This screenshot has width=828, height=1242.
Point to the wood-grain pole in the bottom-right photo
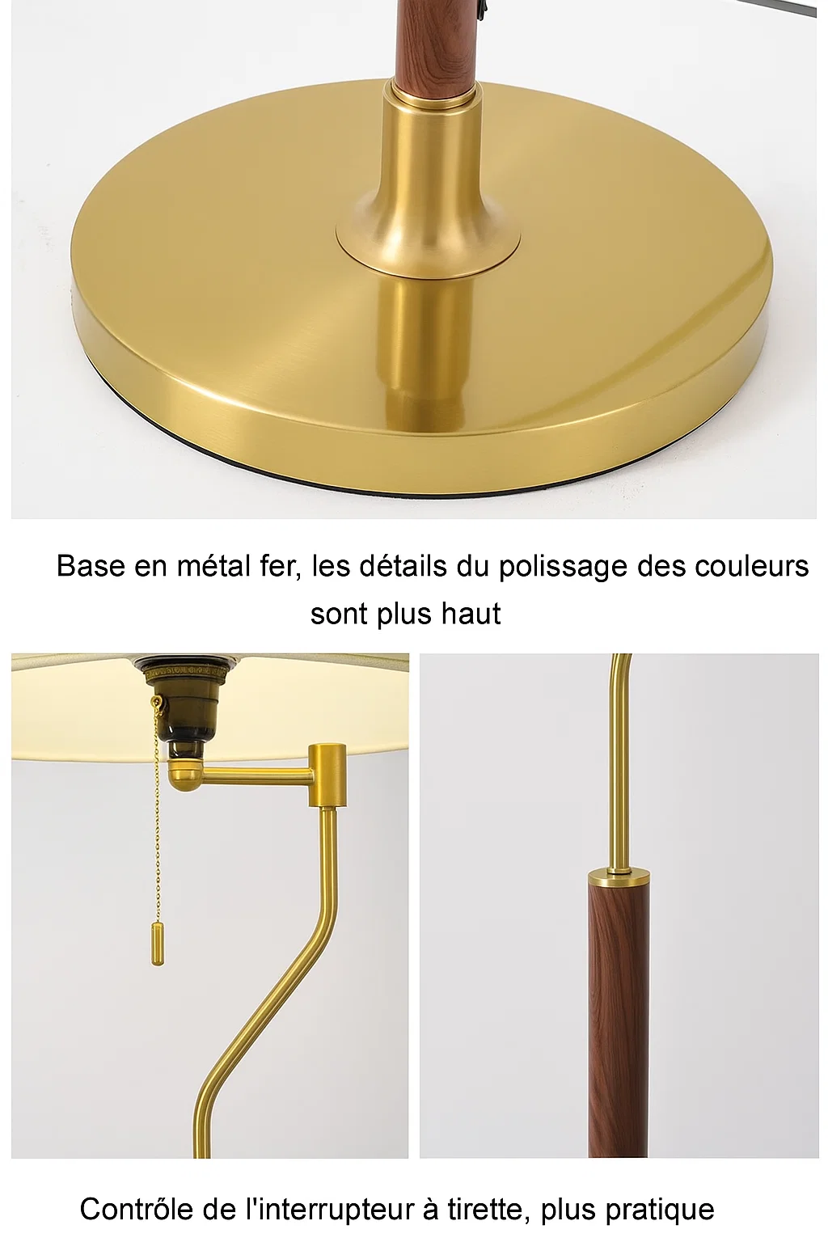[x=616, y=1011]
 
